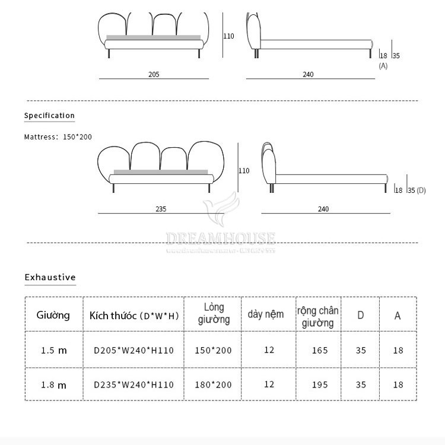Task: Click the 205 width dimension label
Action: point(154,75)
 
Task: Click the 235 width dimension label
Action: point(161,209)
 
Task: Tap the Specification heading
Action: point(49,116)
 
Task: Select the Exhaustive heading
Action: point(50,277)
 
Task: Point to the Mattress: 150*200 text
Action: point(58,137)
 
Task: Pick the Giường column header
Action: point(53,315)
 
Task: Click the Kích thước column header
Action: point(134,315)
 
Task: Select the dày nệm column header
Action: point(266,314)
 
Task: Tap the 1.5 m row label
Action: point(53,350)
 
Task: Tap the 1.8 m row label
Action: point(53,384)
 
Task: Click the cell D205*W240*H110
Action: point(134,350)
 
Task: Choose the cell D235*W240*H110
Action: point(134,384)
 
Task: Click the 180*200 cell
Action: point(214,384)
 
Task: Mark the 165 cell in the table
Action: point(319,350)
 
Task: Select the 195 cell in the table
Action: point(319,384)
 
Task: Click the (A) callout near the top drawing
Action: point(383,66)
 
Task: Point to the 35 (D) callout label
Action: point(417,190)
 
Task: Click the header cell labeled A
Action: point(398,315)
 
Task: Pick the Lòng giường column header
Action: point(214,313)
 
